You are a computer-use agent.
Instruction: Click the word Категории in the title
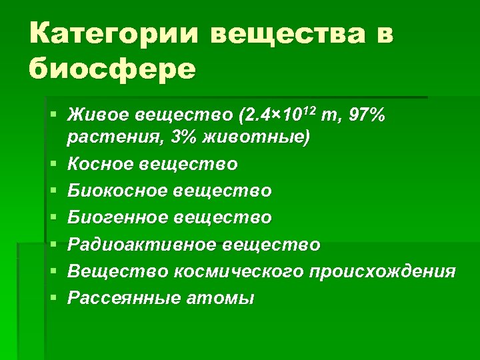click(x=113, y=33)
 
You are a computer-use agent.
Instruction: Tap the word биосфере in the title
click(x=113, y=68)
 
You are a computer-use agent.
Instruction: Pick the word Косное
click(x=99, y=163)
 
